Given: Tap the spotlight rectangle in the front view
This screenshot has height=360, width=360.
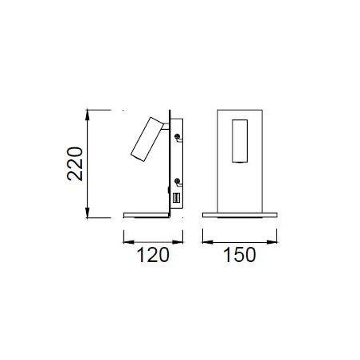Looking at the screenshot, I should pyautogui.click(x=239, y=142).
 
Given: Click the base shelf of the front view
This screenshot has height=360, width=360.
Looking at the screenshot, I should pyautogui.click(x=240, y=215).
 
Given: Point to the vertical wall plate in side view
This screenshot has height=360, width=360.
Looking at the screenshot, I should pyautogui.click(x=170, y=159).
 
